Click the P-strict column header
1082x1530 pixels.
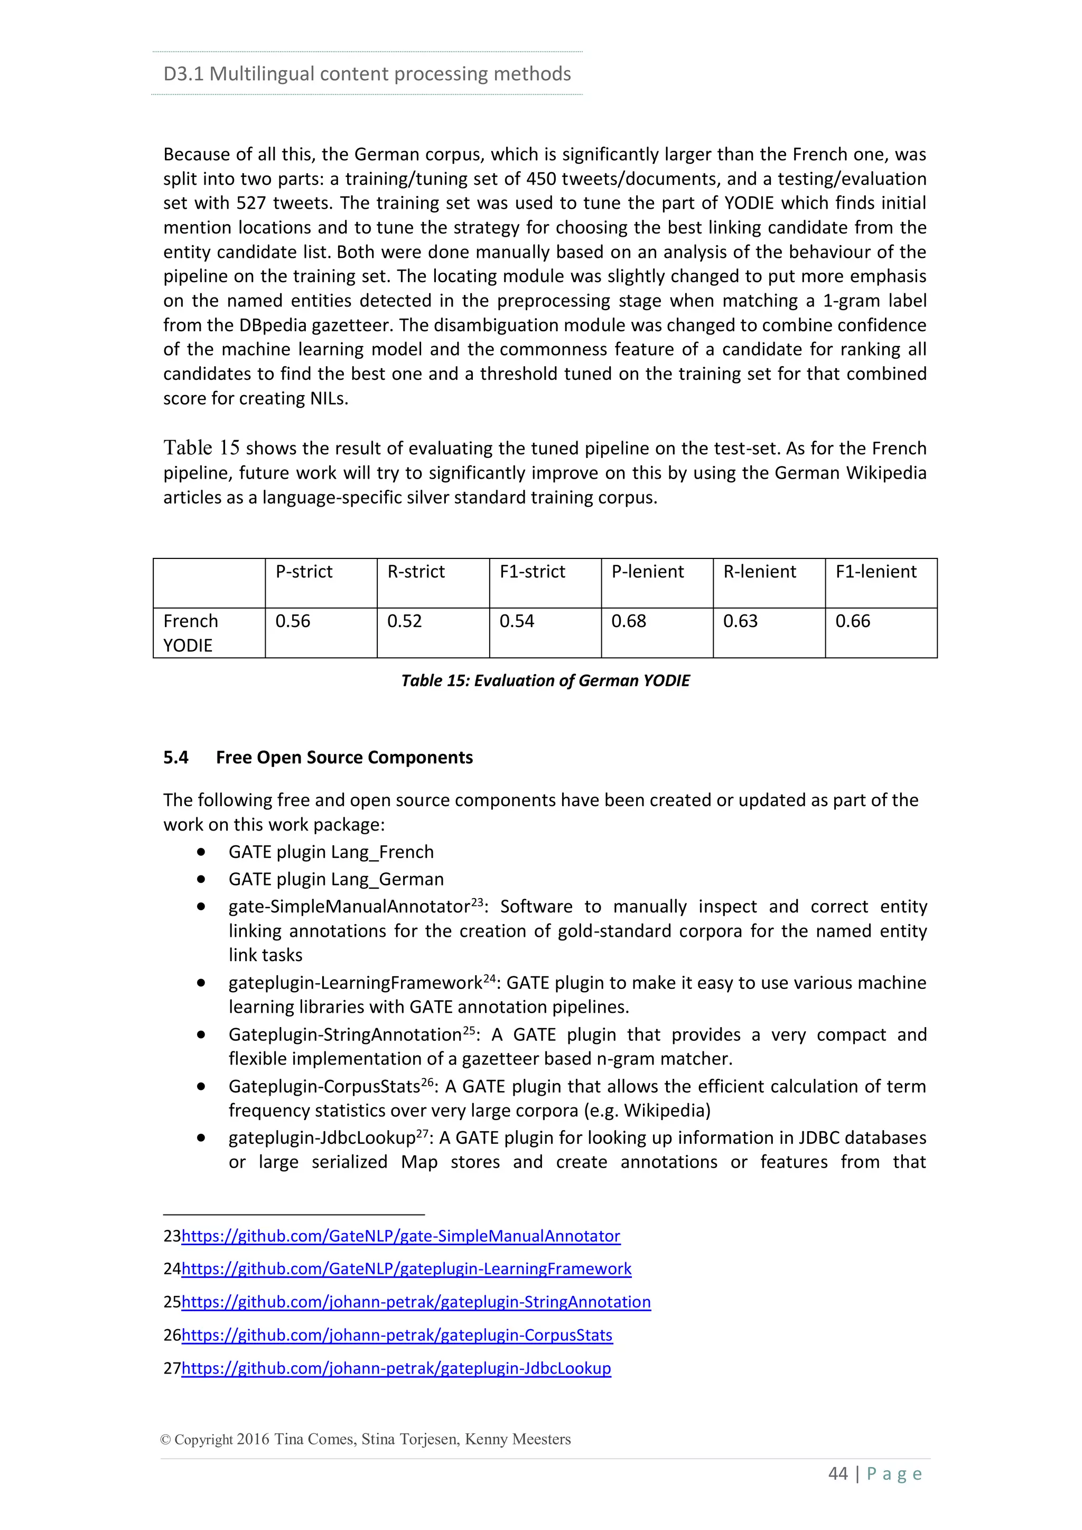(x=304, y=572)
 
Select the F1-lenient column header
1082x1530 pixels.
(x=875, y=572)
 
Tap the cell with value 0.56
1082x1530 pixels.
(x=293, y=621)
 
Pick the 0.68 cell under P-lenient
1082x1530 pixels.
(x=628, y=621)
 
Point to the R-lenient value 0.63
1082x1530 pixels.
(x=740, y=621)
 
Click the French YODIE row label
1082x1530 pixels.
(x=191, y=633)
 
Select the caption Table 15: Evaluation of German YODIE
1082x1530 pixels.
(x=545, y=680)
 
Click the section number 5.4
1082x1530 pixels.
(x=176, y=758)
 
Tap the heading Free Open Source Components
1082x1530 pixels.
(x=344, y=758)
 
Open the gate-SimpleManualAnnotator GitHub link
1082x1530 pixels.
(x=400, y=1236)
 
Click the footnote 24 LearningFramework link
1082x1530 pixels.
(x=406, y=1269)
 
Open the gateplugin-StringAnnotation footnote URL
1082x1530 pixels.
(x=416, y=1302)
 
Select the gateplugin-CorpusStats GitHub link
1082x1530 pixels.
(x=396, y=1336)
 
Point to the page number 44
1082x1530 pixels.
(x=837, y=1473)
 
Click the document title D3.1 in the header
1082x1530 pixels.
(x=183, y=74)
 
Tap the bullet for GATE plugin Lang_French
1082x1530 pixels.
(x=201, y=852)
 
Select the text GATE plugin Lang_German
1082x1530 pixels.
(x=336, y=880)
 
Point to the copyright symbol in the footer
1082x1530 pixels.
(x=165, y=1439)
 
